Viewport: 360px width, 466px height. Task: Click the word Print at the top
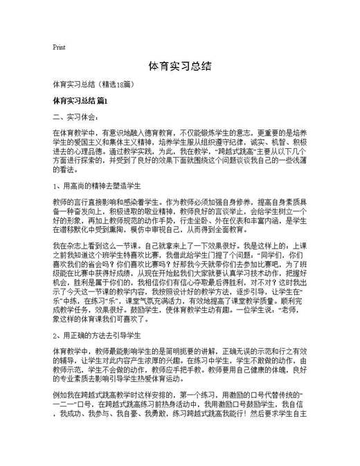[59, 48]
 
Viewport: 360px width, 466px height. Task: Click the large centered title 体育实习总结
[179, 66]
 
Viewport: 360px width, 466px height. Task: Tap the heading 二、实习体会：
[74, 116]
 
